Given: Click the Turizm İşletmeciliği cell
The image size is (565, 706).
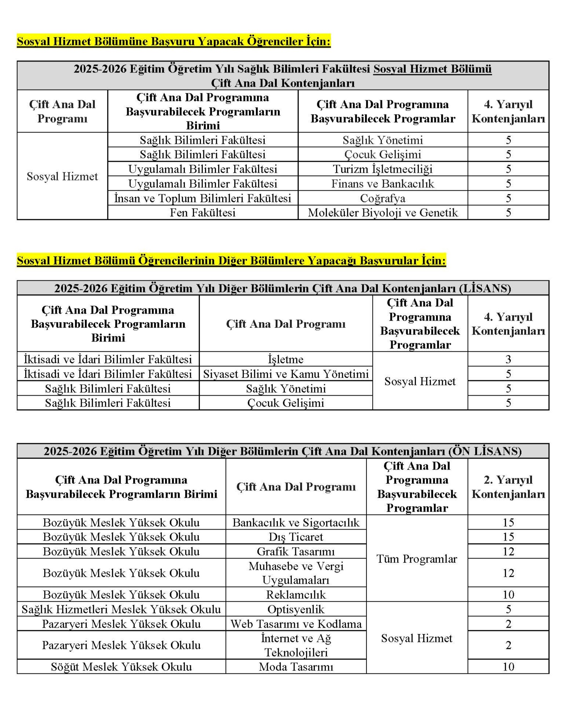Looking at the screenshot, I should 382,169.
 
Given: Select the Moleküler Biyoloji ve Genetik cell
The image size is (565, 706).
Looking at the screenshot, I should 382,213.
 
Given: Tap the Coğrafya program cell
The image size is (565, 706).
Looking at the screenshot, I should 382,198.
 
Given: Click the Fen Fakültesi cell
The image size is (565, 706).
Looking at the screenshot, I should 202,213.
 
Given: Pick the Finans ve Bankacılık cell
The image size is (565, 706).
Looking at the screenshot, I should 382,183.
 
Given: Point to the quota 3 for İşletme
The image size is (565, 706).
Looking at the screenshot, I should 508,359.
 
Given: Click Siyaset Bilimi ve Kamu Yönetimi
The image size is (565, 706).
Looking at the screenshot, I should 286,374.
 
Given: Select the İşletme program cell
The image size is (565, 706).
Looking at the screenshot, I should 286,359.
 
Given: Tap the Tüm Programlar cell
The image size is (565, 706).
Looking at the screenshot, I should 417,559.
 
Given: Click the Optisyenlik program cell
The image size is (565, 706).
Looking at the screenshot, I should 296,609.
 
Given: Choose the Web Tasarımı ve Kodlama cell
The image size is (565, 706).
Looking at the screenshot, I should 296,624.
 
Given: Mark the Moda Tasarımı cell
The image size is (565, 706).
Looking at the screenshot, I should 296,666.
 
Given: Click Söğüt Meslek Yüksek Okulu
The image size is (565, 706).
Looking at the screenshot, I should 121,666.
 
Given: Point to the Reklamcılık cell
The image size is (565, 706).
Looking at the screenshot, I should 296,594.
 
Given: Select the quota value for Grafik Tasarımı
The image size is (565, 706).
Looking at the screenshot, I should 508,551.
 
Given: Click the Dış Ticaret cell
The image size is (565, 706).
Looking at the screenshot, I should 296,537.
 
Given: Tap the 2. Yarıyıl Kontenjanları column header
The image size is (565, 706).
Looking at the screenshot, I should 508,487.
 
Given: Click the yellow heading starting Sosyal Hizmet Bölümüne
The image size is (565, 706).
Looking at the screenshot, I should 174,41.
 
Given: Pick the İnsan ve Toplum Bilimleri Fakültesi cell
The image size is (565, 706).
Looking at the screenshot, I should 202,198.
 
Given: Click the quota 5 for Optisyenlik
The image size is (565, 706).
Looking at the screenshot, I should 508,609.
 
